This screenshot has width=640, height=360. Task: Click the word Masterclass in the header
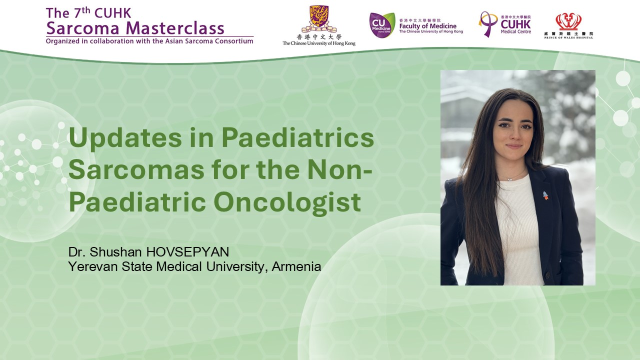[175, 28]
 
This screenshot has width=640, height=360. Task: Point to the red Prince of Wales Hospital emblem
[568, 21]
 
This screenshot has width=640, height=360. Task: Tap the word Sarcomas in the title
[136, 169]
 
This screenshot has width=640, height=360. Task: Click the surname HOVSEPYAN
[187, 252]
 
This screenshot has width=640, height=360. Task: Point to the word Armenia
[296, 266]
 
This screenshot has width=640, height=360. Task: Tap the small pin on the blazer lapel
[545, 195]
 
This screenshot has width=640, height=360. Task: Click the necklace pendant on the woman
[509, 179]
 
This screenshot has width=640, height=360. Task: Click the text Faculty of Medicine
[427, 26]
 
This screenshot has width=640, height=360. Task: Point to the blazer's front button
[547, 275]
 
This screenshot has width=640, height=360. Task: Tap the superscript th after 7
[86, 10]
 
